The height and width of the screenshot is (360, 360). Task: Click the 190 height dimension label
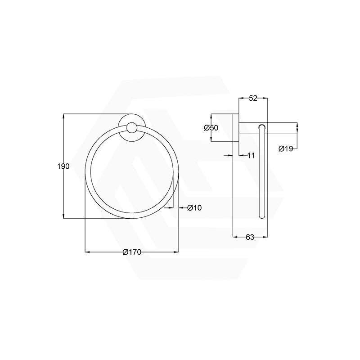click(x=63, y=166)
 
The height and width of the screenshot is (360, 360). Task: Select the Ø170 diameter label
click(x=132, y=252)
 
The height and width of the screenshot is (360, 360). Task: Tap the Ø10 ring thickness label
click(x=194, y=208)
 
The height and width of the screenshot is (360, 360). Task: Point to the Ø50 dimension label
click(x=211, y=128)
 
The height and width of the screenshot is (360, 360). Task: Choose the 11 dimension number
click(x=251, y=155)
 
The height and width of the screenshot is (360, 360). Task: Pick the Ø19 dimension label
click(x=286, y=148)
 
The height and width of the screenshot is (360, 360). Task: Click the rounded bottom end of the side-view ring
click(x=261, y=216)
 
